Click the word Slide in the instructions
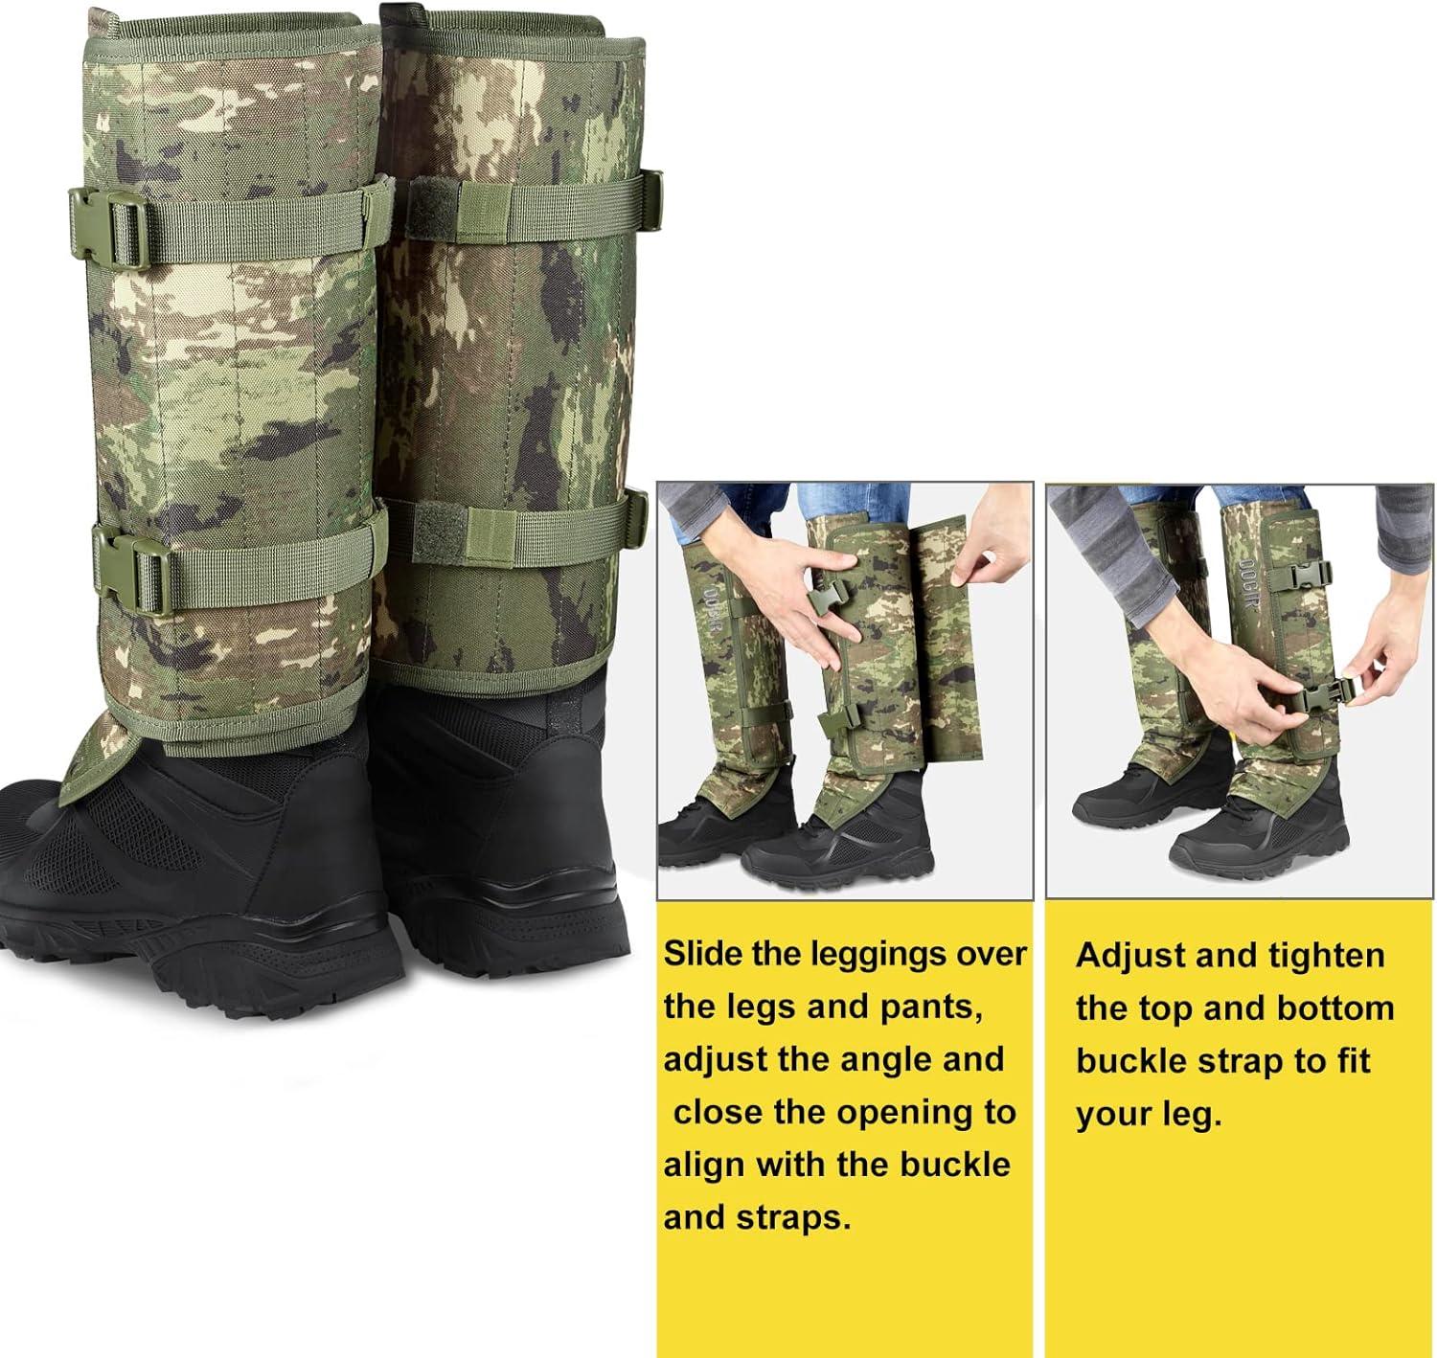click(x=704, y=954)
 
